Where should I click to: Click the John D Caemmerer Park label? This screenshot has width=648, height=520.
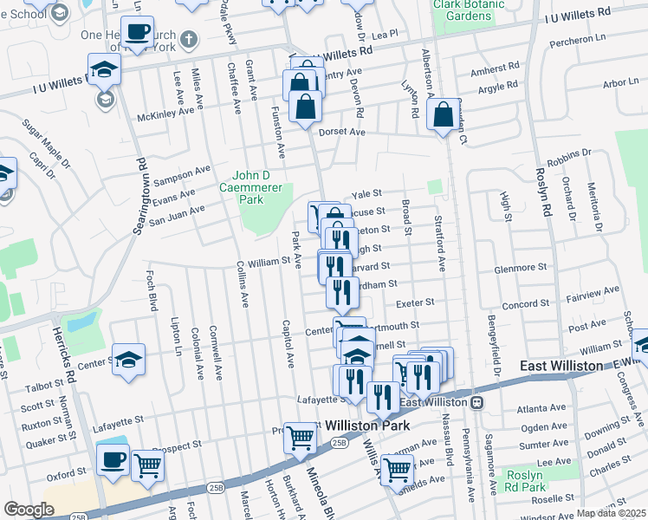263,180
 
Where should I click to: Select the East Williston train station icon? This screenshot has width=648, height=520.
476,402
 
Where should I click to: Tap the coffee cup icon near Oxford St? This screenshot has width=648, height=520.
113,460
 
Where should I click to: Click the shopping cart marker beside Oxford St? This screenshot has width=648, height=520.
148,465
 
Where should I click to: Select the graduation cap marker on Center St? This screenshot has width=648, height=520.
128,359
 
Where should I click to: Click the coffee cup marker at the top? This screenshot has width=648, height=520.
137,32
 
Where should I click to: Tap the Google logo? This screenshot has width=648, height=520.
29,510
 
